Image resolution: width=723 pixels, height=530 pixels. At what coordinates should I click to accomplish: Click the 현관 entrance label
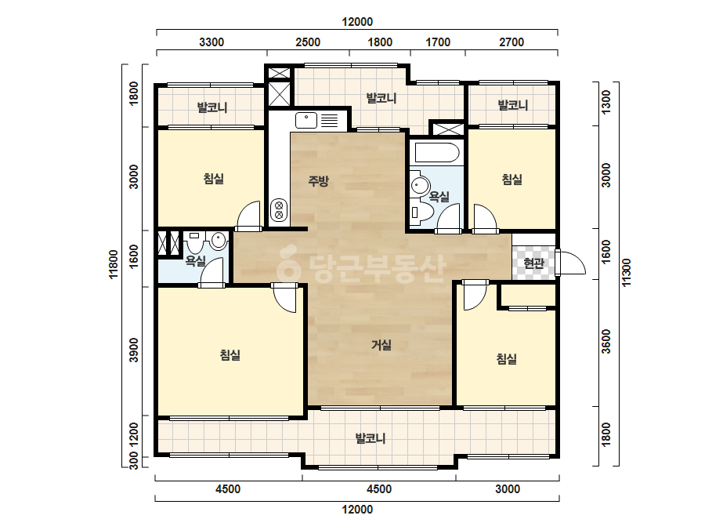pos(533,263)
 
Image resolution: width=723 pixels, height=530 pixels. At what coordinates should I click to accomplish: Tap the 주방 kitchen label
pos(318,180)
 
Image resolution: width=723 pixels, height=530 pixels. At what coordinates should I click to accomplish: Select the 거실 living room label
pos(381,344)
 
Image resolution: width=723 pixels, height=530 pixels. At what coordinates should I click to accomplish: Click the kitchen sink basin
pos(306,120)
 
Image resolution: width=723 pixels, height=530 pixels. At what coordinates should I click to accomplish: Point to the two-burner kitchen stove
pos(279,210)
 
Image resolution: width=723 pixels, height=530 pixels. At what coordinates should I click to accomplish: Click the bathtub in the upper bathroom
pos(436,152)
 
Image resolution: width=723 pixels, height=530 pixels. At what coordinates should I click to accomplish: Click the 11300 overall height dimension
pos(626,272)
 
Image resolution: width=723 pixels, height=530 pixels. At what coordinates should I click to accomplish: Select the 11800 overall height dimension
pos(114,264)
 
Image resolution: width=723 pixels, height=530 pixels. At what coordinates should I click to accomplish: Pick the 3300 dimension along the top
pos(211,42)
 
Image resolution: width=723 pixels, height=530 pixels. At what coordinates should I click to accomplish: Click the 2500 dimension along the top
pos(308,42)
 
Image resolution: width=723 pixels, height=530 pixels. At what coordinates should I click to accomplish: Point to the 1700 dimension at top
pos(438,42)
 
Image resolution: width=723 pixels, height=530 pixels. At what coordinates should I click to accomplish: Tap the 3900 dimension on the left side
pos(134,350)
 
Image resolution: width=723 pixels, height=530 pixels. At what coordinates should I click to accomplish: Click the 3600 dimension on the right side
pos(606,341)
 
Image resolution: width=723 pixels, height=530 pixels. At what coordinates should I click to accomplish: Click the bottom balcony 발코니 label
pos(370,438)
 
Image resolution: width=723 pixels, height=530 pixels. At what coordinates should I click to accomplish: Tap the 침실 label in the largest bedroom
pos(230,355)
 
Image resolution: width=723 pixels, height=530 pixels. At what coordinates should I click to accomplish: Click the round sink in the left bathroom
pos(218,241)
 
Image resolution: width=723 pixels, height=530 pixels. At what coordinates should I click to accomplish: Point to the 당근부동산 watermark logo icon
pos(288,262)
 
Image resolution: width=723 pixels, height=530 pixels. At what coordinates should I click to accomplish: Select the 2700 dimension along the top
pos(512,42)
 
